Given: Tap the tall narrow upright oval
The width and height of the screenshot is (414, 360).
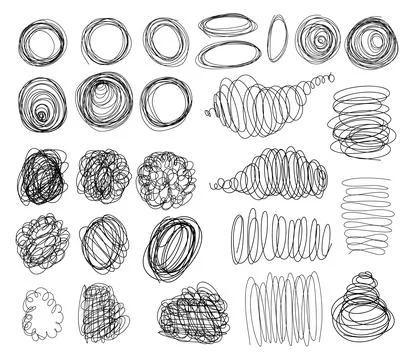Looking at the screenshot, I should pos(277,38).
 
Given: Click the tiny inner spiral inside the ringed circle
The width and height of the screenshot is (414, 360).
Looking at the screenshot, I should pos(41,114).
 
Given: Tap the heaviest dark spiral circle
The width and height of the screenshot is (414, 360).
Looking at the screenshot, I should pos(370,42).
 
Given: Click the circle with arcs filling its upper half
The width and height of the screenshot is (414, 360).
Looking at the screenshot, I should pos(103,103).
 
